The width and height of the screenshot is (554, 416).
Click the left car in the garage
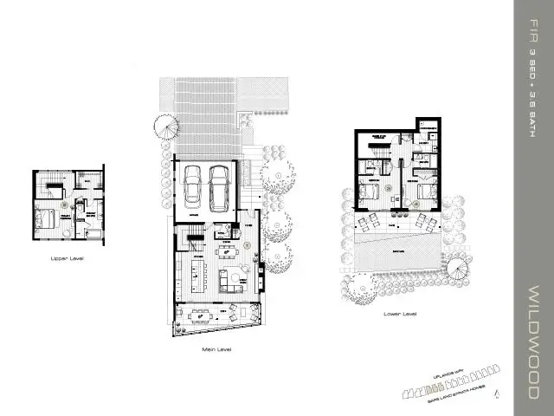tap(194, 183)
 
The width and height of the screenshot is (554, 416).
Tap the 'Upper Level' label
tap(67, 257)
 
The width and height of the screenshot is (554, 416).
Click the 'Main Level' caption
tap(216, 349)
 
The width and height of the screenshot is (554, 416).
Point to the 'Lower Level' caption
tap(399, 313)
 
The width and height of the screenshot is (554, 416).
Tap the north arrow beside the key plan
tap(496, 394)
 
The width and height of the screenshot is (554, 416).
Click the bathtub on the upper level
tap(93, 232)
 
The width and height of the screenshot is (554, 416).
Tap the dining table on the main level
tap(226, 252)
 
